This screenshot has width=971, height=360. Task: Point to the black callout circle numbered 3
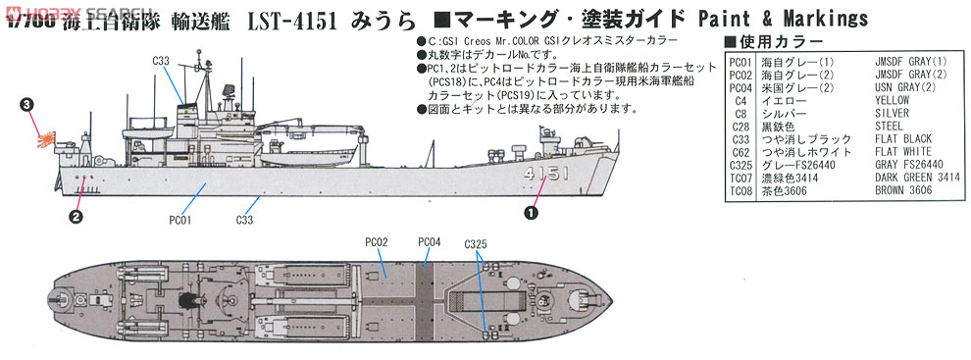tap(27, 102)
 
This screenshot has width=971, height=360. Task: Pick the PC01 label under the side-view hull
tap(178, 220)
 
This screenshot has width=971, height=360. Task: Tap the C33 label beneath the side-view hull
tap(245, 220)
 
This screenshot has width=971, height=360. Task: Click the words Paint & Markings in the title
tap(782, 19)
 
